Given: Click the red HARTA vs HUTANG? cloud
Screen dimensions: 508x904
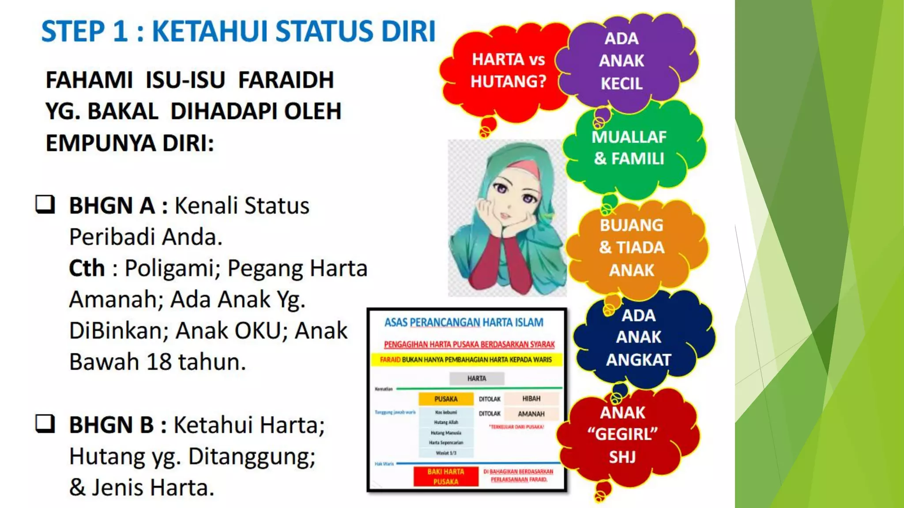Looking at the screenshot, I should coord(508,71).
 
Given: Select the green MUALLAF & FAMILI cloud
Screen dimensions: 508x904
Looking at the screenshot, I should coord(629,148).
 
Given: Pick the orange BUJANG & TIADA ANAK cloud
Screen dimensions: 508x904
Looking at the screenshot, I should coord(632,247).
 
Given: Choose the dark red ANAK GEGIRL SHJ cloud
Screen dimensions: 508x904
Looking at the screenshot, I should coord(622,435).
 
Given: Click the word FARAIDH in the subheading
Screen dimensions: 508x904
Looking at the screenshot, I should coord(286,80).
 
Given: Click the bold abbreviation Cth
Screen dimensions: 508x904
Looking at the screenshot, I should coord(87,268).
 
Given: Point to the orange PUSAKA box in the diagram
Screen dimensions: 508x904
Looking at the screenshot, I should coord(446,399).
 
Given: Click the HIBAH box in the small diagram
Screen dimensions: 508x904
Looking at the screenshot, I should coord(531,399).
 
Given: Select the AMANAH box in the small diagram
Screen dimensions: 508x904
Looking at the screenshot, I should coord(531,414).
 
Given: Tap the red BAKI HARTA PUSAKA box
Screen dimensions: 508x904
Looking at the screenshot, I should coord(446,477).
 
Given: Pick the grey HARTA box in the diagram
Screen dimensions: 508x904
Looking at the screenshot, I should coord(477,378).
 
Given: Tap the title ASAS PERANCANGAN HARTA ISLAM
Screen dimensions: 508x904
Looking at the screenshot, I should coord(463,322).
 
